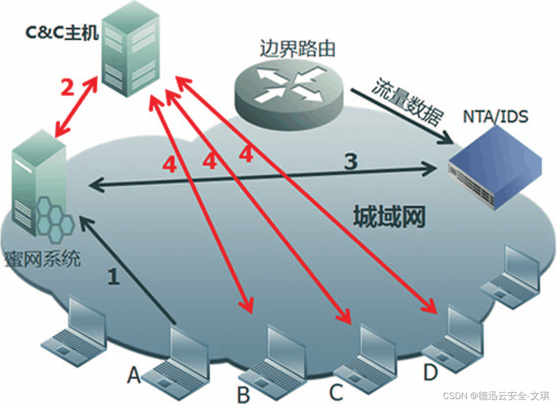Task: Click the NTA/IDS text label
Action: tap(496, 118)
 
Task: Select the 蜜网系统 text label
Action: tap(42, 259)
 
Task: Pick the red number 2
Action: tap(68, 88)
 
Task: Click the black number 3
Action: tap(350, 162)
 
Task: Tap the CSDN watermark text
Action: tap(496, 395)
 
